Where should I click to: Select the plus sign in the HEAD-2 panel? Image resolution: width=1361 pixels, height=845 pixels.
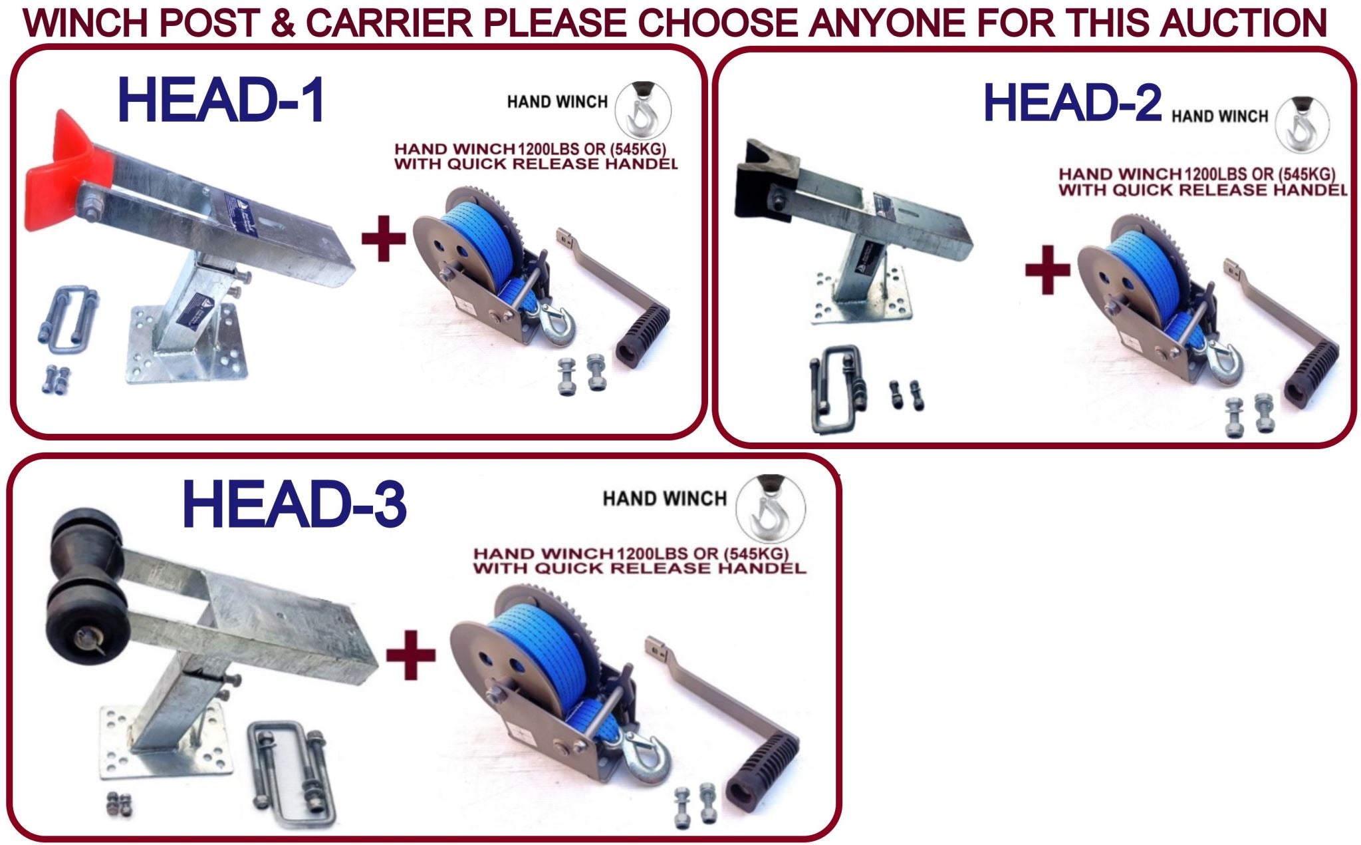(1048, 269)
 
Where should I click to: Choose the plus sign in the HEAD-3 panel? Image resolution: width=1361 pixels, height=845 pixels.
(410, 655)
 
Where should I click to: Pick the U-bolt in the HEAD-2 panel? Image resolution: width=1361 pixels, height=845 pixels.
(836, 389)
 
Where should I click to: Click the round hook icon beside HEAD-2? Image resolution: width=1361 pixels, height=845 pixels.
(1302, 124)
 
